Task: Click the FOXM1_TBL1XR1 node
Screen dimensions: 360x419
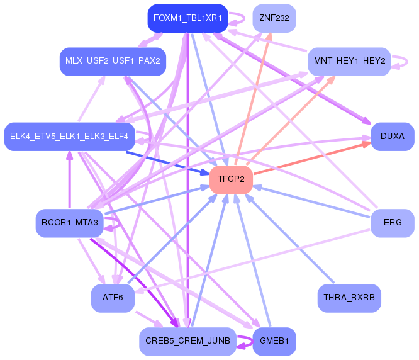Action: [x=187, y=18]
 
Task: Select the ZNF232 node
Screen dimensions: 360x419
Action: [x=274, y=18]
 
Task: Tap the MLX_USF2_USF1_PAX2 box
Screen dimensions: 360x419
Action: [x=113, y=61]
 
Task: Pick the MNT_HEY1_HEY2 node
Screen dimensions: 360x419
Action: [x=350, y=61]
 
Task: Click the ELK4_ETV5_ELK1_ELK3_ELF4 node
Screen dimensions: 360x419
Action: [x=69, y=136]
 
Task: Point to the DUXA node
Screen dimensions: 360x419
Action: [x=393, y=136]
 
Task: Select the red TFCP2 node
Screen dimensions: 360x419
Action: [x=231, y=179]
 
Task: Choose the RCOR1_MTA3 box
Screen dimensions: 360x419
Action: [x=69, y=223]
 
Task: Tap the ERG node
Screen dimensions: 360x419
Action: [x=393, y=223]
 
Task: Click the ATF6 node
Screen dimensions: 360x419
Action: [x=113, y=298]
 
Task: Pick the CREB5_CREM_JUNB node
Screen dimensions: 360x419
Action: [x=187, y=341]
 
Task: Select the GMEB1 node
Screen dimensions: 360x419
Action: [x=274, y=341]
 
